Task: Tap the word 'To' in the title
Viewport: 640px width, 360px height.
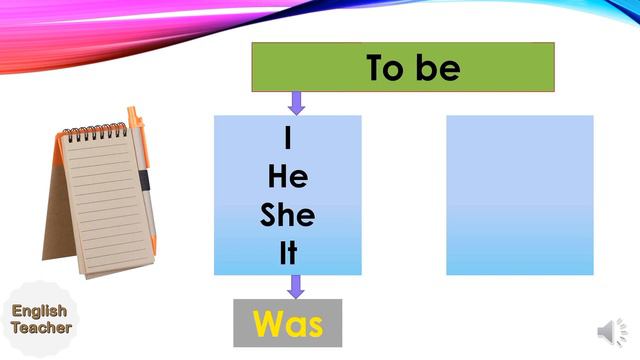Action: point(385,67)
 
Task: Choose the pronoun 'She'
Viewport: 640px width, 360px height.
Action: point(288,214)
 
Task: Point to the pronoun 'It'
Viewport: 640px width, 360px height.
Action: point(288,253)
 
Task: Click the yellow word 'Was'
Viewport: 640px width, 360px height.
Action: point(288,323)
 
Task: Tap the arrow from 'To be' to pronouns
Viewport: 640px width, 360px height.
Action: point(296,102)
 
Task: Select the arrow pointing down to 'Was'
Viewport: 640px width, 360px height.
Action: point(295,287)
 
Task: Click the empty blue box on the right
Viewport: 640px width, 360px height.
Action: point(519,195)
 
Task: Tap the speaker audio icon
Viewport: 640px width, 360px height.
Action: point(609,331)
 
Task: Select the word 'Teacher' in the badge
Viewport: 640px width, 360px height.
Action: point(41,327)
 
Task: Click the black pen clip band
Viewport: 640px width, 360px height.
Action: point(144,180)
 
